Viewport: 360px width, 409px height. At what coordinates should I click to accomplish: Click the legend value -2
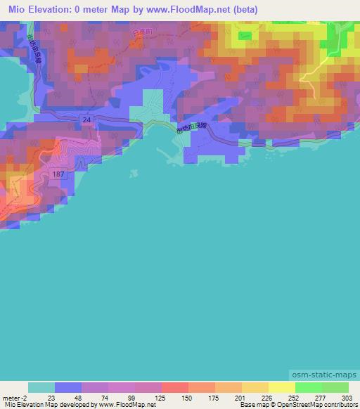(25, 398)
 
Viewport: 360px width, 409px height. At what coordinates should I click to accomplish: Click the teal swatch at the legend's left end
(41, 387)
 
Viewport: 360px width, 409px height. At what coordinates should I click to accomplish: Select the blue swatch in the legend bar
(68, 387)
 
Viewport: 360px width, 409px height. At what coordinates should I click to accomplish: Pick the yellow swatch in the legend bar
(282, 387)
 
